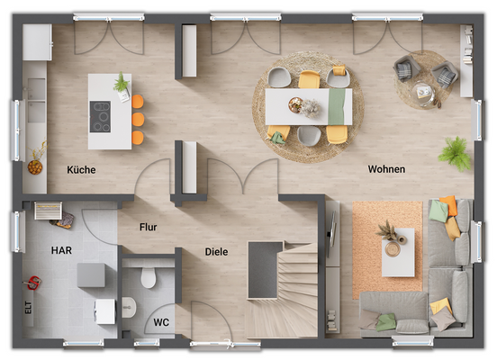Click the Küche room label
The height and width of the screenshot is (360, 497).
pos(81,169)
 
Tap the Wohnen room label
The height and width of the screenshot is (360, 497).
pos(386,169)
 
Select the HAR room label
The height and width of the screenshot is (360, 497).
pos(62,251)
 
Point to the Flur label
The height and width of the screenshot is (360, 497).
pos(149,228)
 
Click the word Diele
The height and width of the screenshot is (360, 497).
pos(216,252)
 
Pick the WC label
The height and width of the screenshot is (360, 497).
pos(161,321)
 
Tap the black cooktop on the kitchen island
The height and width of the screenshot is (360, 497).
pos(100,116)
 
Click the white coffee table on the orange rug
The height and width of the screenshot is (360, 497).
pos(397,251)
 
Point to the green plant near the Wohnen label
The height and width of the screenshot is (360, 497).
pos(455,152)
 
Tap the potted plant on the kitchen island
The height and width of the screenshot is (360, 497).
pos(121,85)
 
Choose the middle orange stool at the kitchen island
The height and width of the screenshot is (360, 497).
pos(138,120)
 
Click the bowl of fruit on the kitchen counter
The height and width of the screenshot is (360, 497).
pos(35,166)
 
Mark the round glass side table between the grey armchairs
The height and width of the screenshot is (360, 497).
pos(421,90)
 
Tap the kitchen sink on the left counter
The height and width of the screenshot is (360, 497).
pos(37,89)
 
